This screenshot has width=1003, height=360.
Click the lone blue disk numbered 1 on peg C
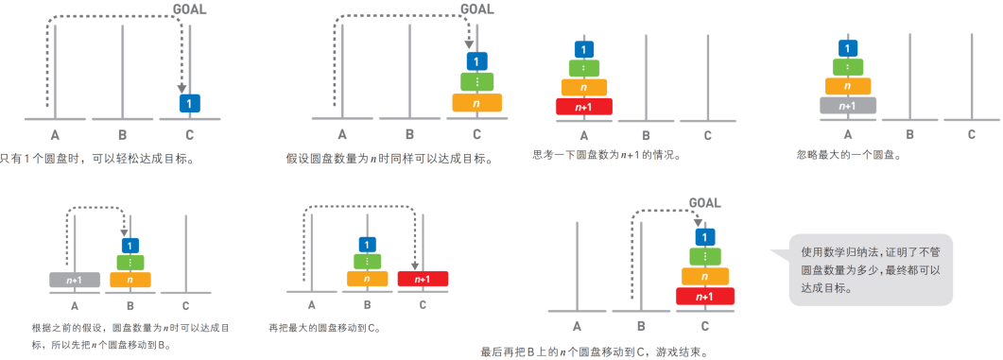190,102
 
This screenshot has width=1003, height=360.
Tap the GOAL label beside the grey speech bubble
705,202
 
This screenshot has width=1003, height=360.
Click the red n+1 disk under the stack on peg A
584,106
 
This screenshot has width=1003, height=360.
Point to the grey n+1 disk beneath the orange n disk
848,105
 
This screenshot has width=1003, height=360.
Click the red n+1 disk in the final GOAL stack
705,296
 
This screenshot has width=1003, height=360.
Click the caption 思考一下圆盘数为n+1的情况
607,154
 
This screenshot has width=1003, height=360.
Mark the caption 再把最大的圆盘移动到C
324,328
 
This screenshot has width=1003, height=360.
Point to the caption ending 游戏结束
593,351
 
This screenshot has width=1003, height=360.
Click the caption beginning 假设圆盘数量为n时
389,159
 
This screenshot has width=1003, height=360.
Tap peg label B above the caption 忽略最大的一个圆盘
909,134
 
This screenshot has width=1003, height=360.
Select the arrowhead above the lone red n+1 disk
415,266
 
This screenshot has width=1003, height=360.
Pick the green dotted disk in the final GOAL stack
705,256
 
